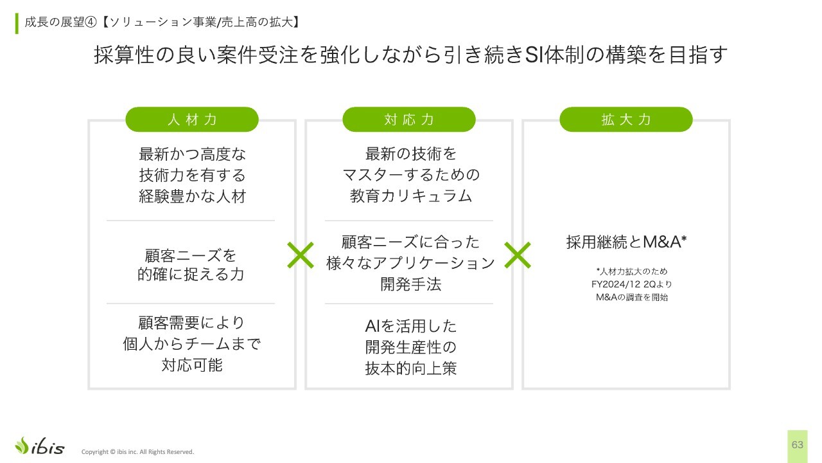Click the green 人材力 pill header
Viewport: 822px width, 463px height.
(192, 120)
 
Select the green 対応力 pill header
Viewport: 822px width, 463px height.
(409, 120)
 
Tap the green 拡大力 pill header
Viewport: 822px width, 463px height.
(626, 120)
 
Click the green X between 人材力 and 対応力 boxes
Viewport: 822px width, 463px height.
(301, 255)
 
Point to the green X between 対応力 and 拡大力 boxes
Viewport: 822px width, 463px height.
(518, 255)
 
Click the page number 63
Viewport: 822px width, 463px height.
(798, 445)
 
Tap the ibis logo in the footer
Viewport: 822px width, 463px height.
(40, 446)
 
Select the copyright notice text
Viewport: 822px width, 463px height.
(137, 451)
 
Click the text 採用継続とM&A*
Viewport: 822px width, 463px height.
(626, 242)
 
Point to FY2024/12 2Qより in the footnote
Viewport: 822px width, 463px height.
(631, 284)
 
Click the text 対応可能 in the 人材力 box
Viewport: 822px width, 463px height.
(192, 365)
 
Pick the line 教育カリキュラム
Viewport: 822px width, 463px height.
(410, 196)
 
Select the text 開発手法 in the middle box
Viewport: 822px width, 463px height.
(410, 284)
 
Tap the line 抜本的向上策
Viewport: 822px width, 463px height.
(410, 368)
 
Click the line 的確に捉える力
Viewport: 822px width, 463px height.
(191, 274)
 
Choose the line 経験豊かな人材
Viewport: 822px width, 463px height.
(192, 196)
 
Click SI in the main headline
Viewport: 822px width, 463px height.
(534, 55)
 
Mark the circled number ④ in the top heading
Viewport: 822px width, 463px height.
(91, 22)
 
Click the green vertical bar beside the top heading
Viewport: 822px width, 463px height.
(17, 24)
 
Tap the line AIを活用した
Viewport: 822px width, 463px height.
(410, 326)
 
